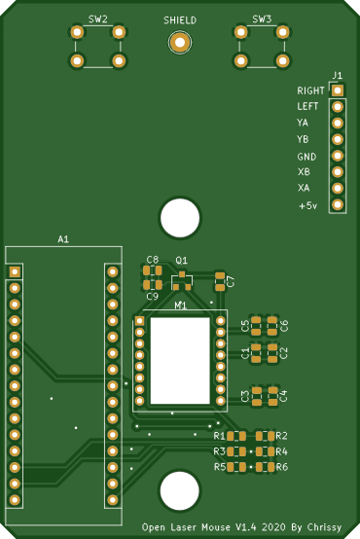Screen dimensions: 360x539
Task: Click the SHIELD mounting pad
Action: pos(180,43)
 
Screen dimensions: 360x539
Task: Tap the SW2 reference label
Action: pos(98,19)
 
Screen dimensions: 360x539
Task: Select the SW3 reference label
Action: pos(262,19)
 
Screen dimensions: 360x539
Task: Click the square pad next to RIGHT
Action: pos(338,90)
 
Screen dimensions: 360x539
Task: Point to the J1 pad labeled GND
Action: pos(338,156)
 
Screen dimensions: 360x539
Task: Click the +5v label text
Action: pos(308,206)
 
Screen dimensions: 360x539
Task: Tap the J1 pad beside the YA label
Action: pos(338,123)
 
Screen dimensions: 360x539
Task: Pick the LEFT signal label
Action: pos(307,107)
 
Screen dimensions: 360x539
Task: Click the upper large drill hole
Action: pos(180,218)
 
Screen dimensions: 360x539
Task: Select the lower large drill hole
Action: pos(180,491)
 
